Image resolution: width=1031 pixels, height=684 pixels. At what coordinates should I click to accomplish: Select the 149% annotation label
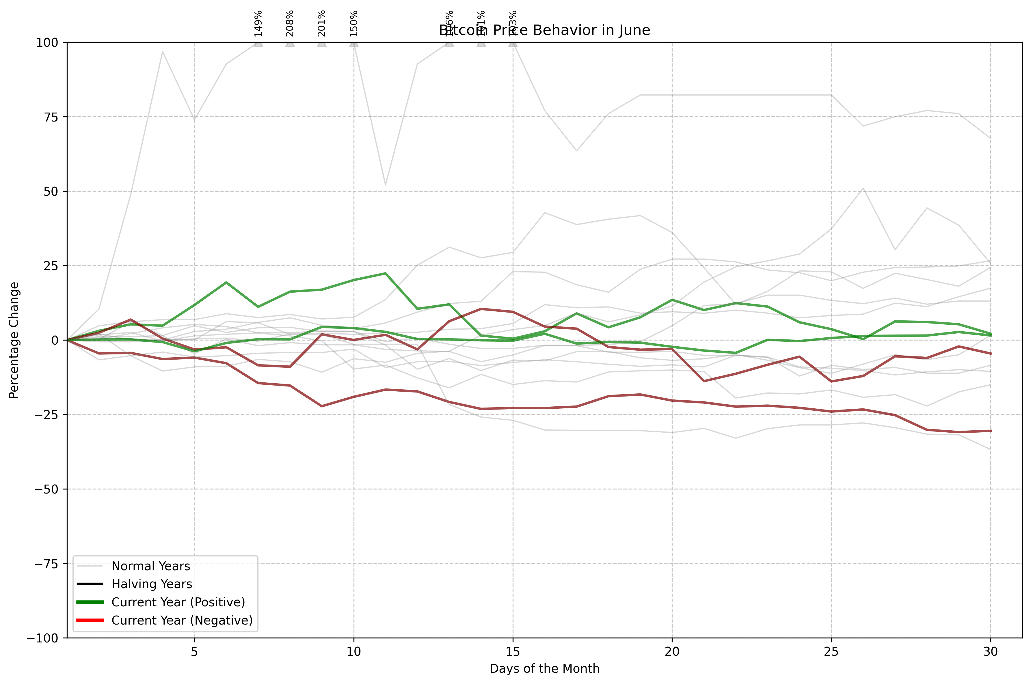tap(258, 23)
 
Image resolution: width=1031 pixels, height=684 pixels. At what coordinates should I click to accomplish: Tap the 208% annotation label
tap(290, 23)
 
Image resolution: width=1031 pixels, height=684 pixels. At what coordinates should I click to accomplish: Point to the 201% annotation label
tap(322, 23)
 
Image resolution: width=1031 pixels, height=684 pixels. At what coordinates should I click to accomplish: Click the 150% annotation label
tap(353, 23)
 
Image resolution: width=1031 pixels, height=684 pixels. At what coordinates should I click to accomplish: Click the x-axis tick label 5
tap(194, 652)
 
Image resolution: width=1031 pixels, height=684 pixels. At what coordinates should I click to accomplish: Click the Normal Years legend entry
tap(150, 566)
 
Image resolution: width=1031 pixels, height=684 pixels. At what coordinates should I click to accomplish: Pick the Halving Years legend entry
tap(151, 584)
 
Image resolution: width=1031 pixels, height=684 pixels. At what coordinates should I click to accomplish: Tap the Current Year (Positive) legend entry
tap(178, 602)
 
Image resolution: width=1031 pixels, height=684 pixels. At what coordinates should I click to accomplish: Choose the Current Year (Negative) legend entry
tap(182, 620)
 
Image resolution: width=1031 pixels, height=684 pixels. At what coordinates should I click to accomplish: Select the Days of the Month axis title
tap(544, 669)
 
